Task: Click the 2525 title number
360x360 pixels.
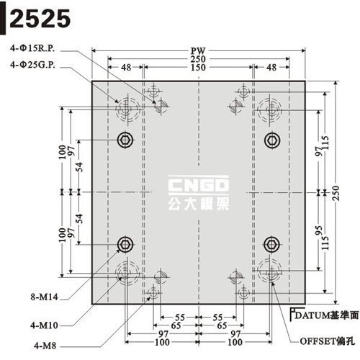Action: pyautogui.click(x=40, y=19)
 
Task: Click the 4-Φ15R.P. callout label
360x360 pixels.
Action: pyautogui.click(x=32, y=48)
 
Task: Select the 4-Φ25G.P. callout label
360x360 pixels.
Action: pyautogui.click(x=32, y=65)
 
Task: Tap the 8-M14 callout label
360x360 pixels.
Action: pyautogui.click(x=45, y=297)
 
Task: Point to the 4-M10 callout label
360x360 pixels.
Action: pyautogui.click(x=45, y=325)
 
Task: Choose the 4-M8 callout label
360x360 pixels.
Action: pyautogui.click(x=45, y=346)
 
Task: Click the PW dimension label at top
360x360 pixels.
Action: pyautogui.click(x=198, y=51)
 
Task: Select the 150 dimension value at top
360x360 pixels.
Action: pyautogui.click(x=198, y=68)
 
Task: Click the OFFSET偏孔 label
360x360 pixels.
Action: pyautogui.click(x=328, y=341)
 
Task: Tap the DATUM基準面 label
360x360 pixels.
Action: pyautogui.click(x=327, y=315)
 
